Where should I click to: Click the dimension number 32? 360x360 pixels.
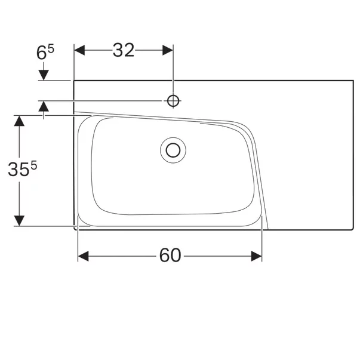tap(124, 50)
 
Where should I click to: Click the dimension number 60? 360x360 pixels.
tap(170, 256)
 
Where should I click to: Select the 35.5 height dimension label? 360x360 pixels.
tap(22, 168)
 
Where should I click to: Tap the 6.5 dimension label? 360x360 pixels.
tap(45, 53)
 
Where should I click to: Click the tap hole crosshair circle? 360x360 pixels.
tap(173, 101)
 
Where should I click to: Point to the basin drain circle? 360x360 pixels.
tap(173, 150)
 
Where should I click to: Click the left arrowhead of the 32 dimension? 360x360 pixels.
tap(79, 50)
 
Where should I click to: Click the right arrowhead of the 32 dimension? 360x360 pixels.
tap(168, 50)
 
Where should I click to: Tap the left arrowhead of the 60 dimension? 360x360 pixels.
tap(84, 256)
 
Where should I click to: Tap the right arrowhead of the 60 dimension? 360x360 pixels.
tap(257, 256)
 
